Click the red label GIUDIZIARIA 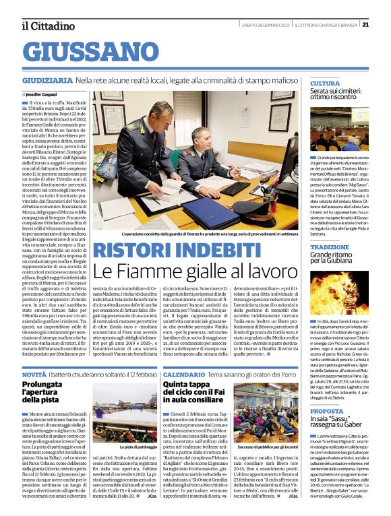(46, 80)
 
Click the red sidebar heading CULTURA (325, 84)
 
